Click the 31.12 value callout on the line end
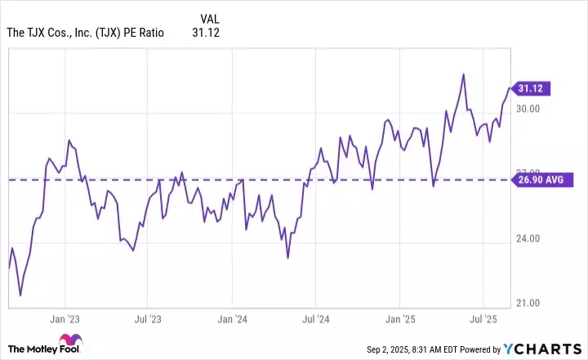pyautogui.click(x=533, y=87)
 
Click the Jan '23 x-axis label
pyautogui.click(x=65, y=319)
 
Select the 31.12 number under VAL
pyautogui.click(x=206, y=33)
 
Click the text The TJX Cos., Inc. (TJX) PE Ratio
pyautogui.click(x=86, y=33)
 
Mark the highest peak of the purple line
pyautogui.click(x=464, y=74)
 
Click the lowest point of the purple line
pyautogui.click(x=20, y=295)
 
